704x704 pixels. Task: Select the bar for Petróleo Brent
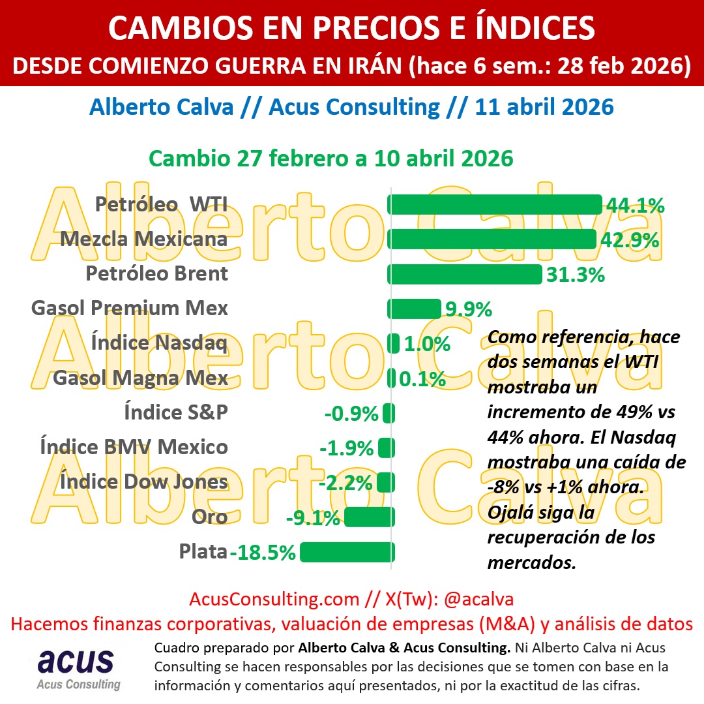(x=464, y=274)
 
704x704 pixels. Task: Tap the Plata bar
(x=346, y=552)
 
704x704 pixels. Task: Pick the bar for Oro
(x=369, y=517)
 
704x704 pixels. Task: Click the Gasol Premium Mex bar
(x=415, y=309)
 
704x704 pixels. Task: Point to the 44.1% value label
(x=635, y=206)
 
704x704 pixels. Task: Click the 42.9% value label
(x=629, y=240)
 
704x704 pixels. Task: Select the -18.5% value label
(x=263, y=553)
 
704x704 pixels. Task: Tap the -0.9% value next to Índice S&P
(x=351, y=414)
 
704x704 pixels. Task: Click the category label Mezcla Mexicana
(x=144, y=239)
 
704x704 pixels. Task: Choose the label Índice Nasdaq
(x=159, y=343)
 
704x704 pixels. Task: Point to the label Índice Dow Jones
(x=144, y=482)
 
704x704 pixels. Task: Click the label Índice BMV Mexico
(x=134, y=448)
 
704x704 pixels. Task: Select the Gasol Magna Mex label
(x=141, y=378)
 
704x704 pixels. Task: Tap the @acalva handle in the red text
(x=479, y=599)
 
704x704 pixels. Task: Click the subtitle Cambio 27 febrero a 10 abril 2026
(x=331, y=159)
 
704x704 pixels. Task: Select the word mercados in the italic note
(x=531, y=562)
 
